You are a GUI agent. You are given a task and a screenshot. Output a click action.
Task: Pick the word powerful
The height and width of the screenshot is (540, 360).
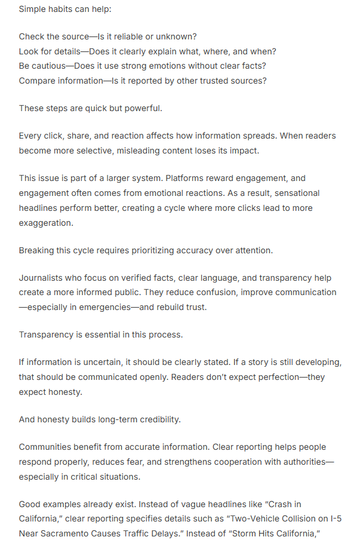[x=144, y=108]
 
